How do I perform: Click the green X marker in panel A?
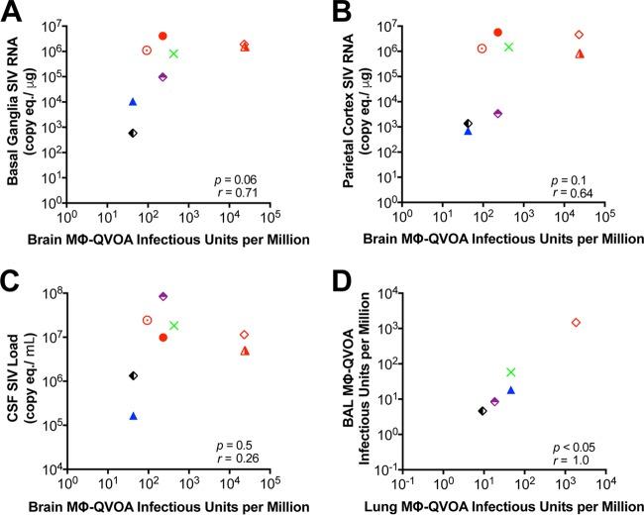[174, 53]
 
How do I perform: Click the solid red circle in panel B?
[498, 32]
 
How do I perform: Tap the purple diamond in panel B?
[498, 113]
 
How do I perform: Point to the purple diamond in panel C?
[163, 296]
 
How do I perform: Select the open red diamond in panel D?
[576, 323]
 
